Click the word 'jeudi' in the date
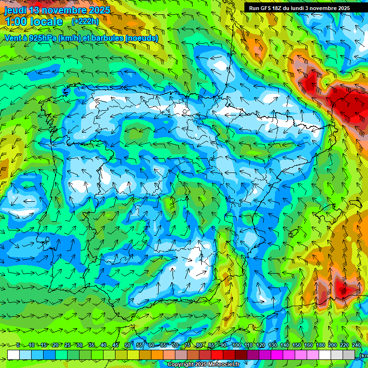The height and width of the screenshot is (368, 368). (x=15, y=10)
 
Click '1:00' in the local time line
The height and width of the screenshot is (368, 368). (x=17, y=22)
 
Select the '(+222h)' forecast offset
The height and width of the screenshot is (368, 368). (x=85, y=21)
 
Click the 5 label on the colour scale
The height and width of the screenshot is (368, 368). (x=18, y=345)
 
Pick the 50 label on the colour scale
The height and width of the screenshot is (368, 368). (x=127, y=345)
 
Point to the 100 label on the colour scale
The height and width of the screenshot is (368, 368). (x=237, y=345)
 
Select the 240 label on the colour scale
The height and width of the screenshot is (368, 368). (x=356, y=345)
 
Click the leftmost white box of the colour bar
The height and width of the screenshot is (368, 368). (x=13, y=355)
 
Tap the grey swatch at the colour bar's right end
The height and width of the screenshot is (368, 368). (x=349, y=355)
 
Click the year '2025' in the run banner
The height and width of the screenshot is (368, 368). (x=342, y=8)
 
